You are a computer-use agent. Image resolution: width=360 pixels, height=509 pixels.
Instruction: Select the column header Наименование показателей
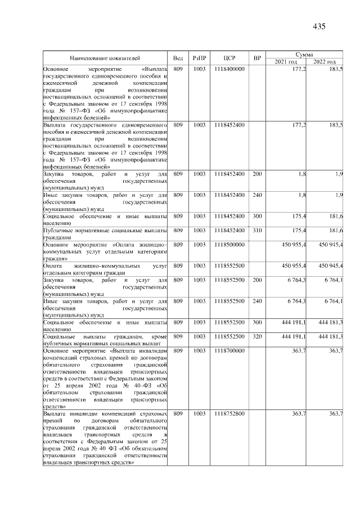pyautogui.click(x=105, y=57)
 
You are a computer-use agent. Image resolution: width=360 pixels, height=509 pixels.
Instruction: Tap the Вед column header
pyautogui.click(x=178, y=57)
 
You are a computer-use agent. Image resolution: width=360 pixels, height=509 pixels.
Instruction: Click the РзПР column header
pyautogui.click(x=199, y=57)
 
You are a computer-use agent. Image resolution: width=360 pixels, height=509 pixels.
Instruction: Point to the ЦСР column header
pyautogui.click(x=229, y=57)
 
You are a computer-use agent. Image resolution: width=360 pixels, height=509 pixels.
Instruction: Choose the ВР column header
pyautogui.click(x=257, y=57)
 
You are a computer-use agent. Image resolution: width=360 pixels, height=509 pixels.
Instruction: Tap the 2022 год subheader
pyautogui.click(x=325, y=61)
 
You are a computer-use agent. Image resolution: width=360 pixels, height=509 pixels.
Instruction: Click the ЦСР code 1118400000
pyautogui.click(x=229, y=69)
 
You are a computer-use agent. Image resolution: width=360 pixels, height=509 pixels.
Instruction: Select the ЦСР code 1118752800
pyautogui.click(x=229, y=414)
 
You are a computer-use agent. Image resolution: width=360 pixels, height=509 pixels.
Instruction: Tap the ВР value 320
pyautogui.click(x=257, y=336)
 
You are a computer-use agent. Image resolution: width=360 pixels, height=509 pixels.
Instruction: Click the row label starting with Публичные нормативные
pyautogui.click(x=105, y=234)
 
